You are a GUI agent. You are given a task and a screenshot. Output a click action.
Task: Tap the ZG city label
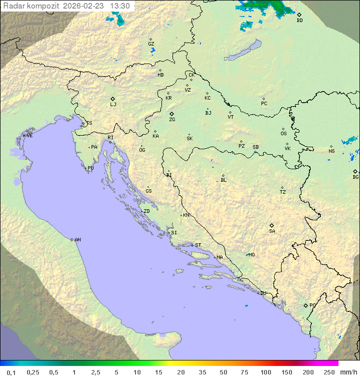point(172,120)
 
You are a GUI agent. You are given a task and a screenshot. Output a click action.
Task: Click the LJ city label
point(113,105)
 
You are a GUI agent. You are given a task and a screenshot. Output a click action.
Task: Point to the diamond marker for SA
point(272,225)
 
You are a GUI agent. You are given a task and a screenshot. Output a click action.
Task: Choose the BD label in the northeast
point(299,21)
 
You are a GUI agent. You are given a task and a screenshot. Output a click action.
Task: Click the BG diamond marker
point(355,171)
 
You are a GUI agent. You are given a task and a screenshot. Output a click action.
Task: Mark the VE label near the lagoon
point(29,136)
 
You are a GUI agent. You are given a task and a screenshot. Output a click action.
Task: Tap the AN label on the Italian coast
point(77,240)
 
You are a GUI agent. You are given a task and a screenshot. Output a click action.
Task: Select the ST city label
point(198,245)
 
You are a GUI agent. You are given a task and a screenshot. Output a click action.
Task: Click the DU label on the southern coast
point(262,293)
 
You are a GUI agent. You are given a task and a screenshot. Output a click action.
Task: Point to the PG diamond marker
point(305,305)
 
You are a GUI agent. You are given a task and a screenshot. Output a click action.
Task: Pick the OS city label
point(283,134)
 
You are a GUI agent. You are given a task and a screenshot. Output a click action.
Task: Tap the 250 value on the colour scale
point(329,372)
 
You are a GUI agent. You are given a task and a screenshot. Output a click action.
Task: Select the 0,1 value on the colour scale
point(11,372)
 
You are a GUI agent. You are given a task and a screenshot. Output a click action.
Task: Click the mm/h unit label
point(346,372)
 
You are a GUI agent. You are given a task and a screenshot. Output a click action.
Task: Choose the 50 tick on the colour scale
point(223,372)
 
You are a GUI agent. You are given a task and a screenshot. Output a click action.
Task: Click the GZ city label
point(151,44)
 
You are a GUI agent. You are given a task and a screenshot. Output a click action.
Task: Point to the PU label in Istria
point(90,168)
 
